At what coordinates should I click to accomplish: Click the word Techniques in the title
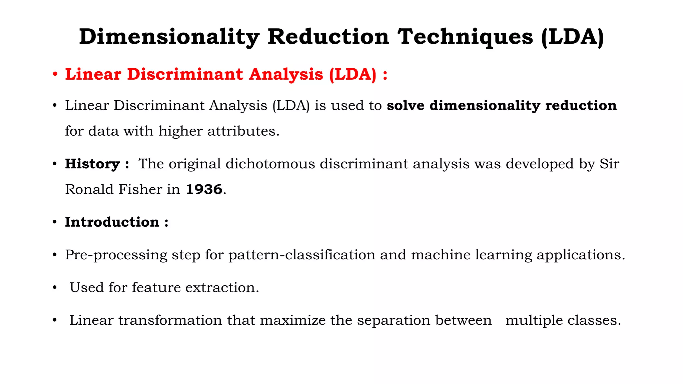click(x=466, y=37)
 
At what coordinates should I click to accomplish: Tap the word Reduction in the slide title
click(x=328, y=37)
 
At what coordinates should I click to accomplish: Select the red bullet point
click(x=55, y=74)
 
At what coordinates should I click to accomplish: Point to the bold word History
click(x=92, y=164)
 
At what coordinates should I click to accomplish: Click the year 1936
click(x=204, y=189)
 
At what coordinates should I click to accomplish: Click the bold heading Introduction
click(x=112, y=222)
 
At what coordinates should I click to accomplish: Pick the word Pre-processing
click(x=116, y=255)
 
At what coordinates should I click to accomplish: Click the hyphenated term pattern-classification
click(x=302, y=255)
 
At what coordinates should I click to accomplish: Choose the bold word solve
click(x=406, y=106)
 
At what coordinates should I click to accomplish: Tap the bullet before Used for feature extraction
click(x=55, y=287)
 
